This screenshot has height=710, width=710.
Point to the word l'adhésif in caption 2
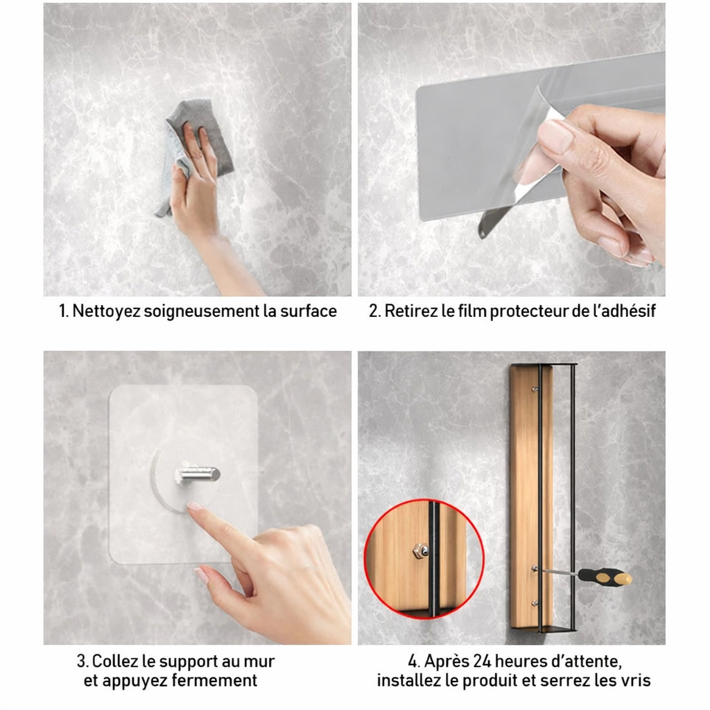621,311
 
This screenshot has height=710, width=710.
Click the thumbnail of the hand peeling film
512,149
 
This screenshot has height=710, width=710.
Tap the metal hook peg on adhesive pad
200,474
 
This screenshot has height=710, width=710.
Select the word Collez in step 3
114,661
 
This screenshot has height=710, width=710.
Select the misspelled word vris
637,681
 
